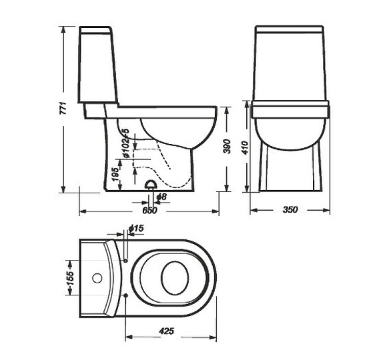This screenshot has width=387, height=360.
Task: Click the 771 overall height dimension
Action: pyautogui.click(x=57, y=110)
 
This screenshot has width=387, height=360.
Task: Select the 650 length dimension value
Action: pyautogui.click(x=149, y=211)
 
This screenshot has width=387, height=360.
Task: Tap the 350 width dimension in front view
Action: pyautogui.click(x=290, y=210)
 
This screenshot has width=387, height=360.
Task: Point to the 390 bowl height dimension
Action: pyautogui.click(x=226, y=147)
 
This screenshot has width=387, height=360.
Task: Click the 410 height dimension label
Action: pyautogui.click(x=245, y=148)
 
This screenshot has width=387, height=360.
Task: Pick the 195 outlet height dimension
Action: pyautogui.click(x=115, y=175)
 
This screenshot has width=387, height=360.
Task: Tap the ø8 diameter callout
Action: pyautogui.click(x=161, y=198)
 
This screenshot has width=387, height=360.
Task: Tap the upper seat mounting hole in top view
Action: pyautogui.click(x=125, y=260)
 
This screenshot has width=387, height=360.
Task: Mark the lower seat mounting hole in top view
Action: pyautogui.click(x=125, y=294)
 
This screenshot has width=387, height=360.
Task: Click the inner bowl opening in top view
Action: pyautogui.click(x=175, y=277)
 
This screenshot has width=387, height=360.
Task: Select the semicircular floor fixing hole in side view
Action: pyautogui.click(x=151, y=185)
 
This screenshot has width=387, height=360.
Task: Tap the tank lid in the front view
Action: pyautogui.click(x=290, y=30)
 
